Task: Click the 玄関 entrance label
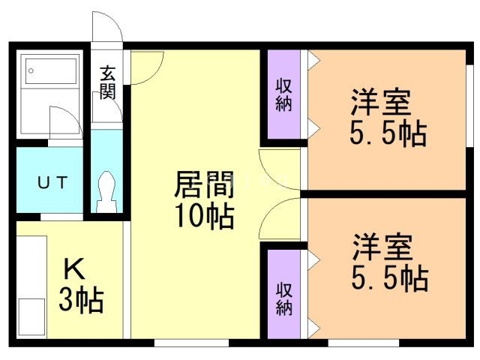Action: tap(107, 83)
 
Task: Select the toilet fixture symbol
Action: tap(106, 191)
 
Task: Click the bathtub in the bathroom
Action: tap(51, 73)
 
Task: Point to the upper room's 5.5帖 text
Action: tap(388, 134)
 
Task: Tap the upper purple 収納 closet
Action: tap(283, 94)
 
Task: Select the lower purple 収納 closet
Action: tap(283, 298)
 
